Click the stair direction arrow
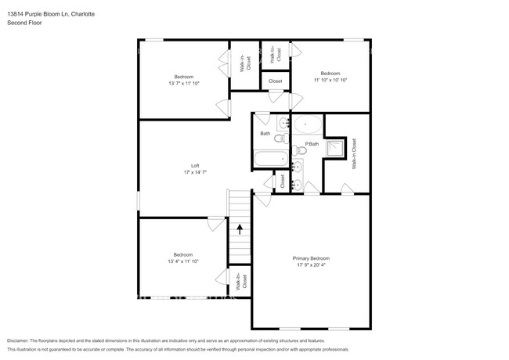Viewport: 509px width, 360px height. click(x=240, y=229)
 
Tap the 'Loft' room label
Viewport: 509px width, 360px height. click(x=195, y=165)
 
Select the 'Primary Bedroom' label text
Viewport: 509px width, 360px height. click(x=311, y=258)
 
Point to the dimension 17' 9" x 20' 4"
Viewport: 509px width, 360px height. click(x=311, y=265)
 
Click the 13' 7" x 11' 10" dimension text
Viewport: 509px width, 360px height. click(x=183, y=83)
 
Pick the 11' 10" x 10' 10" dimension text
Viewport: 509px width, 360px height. click(x=330, y=79)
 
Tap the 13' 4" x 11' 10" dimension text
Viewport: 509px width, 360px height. click(x=183, y=261)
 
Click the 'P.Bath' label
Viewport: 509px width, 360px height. click(x=312, y=144)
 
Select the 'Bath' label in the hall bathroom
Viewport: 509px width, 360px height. click(x=265, y=133)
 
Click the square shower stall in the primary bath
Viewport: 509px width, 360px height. click(x=336, y=147)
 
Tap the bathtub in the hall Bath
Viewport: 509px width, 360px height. click(x=269, y=160)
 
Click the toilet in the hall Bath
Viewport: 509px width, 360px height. click(x=280, y=139)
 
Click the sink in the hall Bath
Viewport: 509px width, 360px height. click(x=281, y=122)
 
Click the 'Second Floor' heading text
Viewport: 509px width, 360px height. click(x=24, y=23)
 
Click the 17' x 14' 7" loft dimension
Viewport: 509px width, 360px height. click(x=195, y=171)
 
